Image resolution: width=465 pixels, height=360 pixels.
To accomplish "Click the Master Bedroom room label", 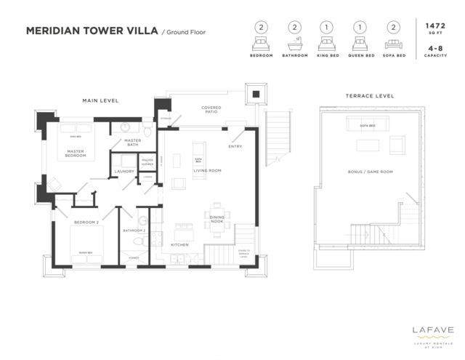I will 76,153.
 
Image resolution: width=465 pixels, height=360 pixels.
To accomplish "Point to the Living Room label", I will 207,171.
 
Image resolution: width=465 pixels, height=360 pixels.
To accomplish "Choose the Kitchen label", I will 179,245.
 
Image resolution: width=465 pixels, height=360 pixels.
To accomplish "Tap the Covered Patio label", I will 211,111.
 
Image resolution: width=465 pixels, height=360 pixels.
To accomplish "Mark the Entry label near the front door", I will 235,147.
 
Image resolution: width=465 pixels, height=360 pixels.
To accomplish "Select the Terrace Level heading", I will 369,96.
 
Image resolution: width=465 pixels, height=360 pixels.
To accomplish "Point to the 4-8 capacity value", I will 434,49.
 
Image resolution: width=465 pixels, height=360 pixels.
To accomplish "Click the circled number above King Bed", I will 327,26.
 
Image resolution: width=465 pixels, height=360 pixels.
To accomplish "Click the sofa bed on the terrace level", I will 367,126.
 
